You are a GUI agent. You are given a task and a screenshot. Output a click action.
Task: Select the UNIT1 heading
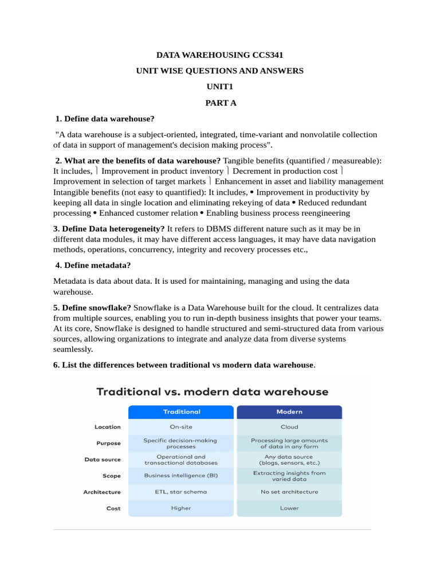221,87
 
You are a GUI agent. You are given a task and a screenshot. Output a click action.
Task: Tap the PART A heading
221,103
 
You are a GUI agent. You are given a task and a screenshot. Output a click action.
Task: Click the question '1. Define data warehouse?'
105,119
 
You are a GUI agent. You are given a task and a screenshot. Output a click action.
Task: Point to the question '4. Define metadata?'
93,266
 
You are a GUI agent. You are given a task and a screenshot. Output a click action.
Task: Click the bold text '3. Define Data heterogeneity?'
109,229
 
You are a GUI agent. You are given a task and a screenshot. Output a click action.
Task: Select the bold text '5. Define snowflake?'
92,308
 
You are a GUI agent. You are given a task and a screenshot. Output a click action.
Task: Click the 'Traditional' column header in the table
181,412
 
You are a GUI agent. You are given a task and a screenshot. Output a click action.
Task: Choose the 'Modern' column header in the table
289,412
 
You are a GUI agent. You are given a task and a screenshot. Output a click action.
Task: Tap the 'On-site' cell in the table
181,427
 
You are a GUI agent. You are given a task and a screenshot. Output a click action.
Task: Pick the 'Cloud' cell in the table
289,427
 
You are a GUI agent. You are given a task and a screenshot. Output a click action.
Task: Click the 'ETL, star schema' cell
181,492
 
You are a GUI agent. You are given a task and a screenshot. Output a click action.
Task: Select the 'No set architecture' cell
289,492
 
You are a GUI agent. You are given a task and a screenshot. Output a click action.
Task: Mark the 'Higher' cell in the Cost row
181,508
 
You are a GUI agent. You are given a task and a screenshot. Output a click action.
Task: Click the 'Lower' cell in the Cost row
289,508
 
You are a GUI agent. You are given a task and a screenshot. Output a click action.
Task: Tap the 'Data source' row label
103,460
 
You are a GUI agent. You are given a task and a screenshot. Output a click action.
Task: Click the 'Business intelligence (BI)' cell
181,476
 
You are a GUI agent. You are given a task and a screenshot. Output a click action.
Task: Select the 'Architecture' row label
102,492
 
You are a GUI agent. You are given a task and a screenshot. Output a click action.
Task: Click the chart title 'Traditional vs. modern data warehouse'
212,393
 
